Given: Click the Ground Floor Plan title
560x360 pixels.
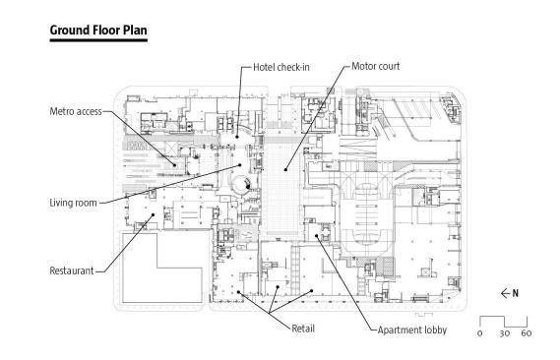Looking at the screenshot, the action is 98,30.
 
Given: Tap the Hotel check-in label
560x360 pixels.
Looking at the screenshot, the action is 281,67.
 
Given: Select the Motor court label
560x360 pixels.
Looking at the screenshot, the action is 375,66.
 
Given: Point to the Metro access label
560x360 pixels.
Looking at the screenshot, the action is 76,112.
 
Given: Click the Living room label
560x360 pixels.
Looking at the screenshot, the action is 73,203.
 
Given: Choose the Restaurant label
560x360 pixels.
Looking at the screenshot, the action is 72,270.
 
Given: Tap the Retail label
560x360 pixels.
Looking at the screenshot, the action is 303,329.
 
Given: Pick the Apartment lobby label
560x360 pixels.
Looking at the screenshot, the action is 412,330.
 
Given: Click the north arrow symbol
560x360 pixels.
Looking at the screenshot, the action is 505,294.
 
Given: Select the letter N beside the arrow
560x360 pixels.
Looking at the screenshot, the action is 515,294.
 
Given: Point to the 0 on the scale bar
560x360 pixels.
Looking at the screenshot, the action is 479,333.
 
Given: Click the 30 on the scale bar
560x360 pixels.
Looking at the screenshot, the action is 504,333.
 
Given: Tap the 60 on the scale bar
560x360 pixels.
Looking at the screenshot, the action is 527,333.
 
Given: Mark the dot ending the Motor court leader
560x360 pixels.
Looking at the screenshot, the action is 285,170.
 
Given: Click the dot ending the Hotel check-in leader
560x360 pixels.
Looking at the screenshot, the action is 237,137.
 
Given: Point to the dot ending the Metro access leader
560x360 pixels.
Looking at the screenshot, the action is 174,165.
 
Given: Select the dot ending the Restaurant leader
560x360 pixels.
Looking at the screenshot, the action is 154,214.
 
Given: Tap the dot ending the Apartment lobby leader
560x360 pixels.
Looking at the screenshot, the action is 317,235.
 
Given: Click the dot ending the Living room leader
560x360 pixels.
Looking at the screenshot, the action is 240,165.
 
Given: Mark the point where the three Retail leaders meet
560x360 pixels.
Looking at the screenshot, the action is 270,313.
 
